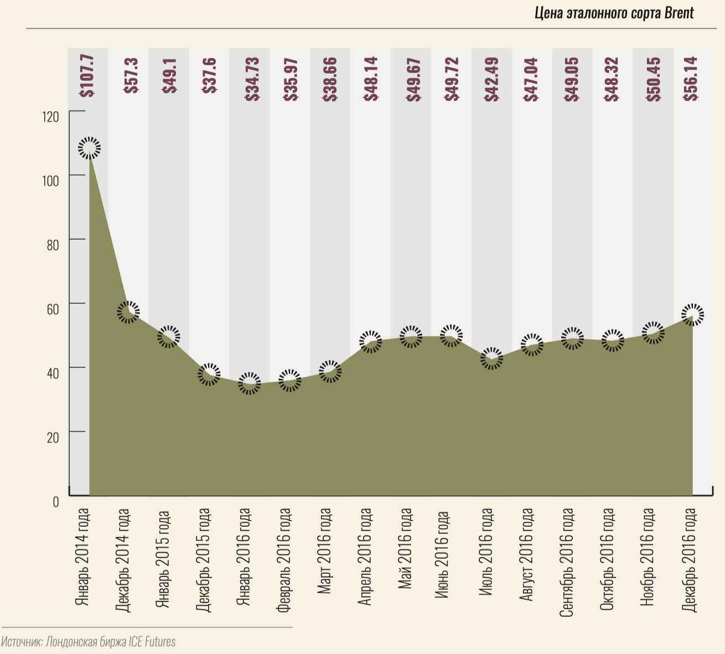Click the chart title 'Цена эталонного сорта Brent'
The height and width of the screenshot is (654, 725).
coord(614,13)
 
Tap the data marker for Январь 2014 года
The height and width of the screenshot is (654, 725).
coord(89,148)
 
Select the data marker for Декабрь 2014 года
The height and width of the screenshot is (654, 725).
coord(128,312)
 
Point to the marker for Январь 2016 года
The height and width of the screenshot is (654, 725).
coord(249,383)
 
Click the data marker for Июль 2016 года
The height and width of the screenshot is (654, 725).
coord(491,359)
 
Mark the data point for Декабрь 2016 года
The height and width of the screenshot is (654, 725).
coord(692,315)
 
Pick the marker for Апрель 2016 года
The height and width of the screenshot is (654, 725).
coord(370,341)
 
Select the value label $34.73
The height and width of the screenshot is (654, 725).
coord(250,79)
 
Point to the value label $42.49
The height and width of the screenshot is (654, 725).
coord(491,79)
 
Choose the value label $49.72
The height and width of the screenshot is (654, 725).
coord(451,79)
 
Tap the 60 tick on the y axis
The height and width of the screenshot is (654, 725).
coord(53,309)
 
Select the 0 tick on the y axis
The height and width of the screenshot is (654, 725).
coord(55,501)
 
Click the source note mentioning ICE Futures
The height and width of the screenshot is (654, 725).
coord(89,642)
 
